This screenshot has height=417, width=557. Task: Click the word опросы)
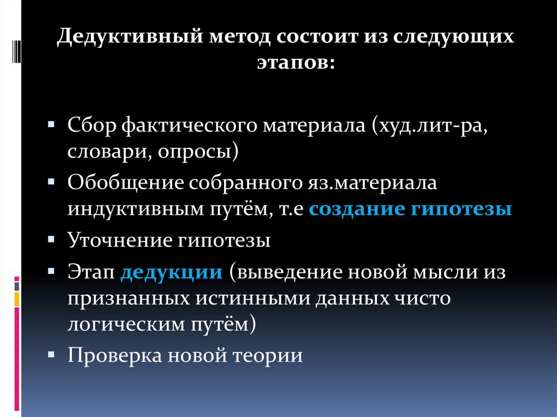coord(199,152)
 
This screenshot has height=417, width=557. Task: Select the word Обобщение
coord(126,183)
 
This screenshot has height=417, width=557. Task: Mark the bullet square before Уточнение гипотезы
coord(51,239)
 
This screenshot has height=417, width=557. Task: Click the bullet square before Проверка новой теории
coord(51,354)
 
